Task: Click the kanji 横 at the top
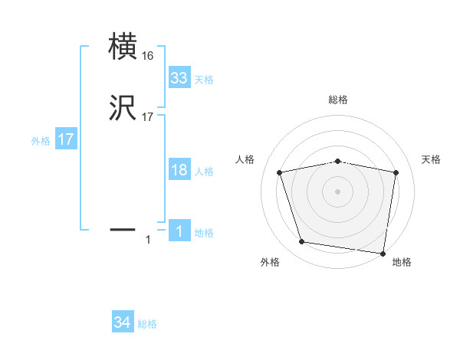tap(124, 47)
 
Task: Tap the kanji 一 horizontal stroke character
tap(124, 228)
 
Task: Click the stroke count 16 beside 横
tap(147, 57)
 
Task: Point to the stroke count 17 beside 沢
tap(147, 117)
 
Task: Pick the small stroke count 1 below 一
tap(148, 241)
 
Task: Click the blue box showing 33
tap(179, 78)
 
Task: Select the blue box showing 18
tap(179, 170)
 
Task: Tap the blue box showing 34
tap(123, 323)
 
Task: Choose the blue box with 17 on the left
tap(66, 140)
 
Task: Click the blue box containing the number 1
tap(179, 231)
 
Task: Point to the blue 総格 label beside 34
tap(147, 324)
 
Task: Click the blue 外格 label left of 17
tap(41, 141)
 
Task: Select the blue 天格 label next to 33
tap(204, 79)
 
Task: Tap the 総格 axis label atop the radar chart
tap(338, 100)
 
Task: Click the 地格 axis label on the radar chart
tap(402, 263)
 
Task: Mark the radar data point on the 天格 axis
tap(396, 173)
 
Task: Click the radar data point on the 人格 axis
tap(280, 173)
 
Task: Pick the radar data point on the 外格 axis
tap(302, 242)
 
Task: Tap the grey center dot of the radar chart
tap(338, 191)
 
